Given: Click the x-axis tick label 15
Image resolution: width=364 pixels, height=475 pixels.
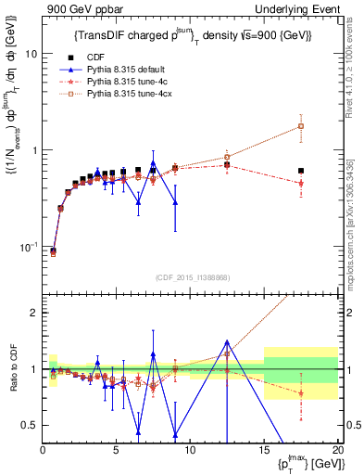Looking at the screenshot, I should [x=264, y=451].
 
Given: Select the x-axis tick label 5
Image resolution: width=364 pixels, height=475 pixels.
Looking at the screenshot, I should [x=117, y=451].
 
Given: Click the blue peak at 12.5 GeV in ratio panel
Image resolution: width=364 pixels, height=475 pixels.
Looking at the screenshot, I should [x=227, y=341].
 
